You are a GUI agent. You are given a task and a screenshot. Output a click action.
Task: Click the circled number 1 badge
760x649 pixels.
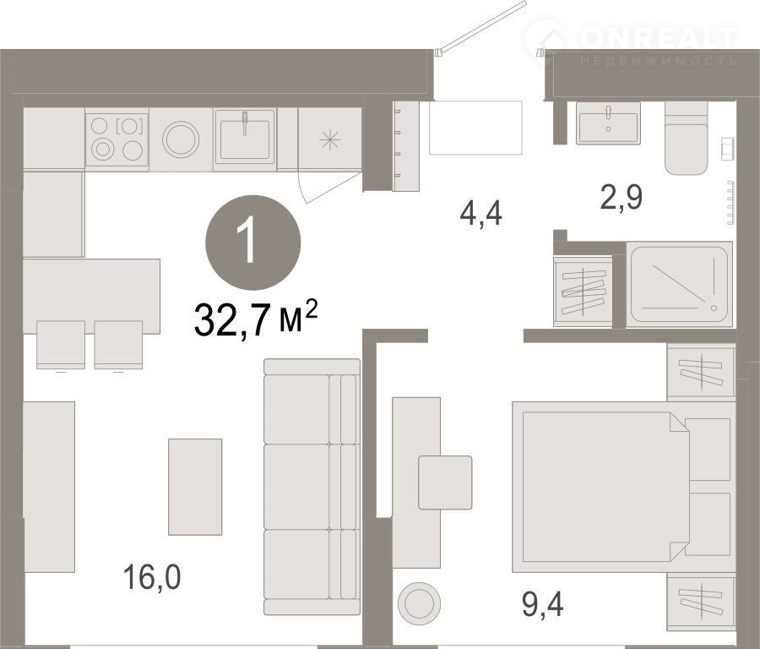(253, 243)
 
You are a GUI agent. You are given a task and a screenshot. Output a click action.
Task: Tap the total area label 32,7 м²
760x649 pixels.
(255, 319)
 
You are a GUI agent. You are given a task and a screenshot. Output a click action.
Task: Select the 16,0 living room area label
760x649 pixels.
(152, 577)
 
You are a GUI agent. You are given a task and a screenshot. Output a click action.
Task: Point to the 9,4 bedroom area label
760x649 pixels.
(543, 604)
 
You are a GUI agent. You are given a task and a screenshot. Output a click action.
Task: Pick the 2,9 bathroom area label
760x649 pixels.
(622, 197)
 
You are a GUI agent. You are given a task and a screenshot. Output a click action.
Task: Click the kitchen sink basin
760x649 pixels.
(245, 139)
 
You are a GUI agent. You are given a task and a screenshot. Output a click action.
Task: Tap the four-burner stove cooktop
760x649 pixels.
(117, 139)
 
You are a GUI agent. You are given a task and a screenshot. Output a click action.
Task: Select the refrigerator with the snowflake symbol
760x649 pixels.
(330, 139)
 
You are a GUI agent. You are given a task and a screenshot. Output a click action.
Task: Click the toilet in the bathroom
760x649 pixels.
(687, 139)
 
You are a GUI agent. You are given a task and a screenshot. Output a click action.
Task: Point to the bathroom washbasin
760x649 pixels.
(608, 123)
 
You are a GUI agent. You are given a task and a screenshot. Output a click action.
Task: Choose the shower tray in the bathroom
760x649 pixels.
(679, 285)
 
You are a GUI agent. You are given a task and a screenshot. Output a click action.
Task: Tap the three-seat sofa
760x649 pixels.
(312, 487)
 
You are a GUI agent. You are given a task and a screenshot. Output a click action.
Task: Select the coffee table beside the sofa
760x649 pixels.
(195, 487)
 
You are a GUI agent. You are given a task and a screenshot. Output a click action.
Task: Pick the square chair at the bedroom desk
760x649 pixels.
(445, 483)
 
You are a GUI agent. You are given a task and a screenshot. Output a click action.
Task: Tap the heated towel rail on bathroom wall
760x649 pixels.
(730, 203)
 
